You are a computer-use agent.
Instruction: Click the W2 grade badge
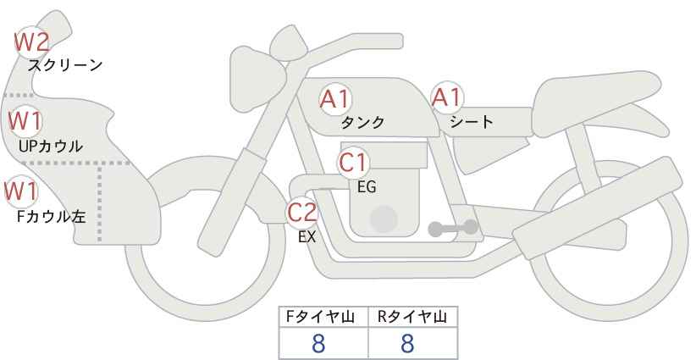coord(31,42)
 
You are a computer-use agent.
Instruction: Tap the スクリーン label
coord(65,66)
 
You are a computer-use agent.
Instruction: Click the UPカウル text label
coord(51,146)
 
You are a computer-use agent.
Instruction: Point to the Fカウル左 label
coord(51,217)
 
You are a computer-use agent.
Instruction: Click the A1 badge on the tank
coord(335,99)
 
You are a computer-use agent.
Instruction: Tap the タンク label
coord(362,122)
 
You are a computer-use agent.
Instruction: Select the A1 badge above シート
coord(447,97)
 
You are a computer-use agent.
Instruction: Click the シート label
coord(472,121)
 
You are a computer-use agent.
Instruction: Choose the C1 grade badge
coord(353,163)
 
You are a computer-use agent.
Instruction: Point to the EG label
coord(367,187)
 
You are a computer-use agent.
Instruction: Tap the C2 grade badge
coord(301,213)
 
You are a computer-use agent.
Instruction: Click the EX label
coord(307,237)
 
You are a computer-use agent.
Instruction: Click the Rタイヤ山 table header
coord(412,317)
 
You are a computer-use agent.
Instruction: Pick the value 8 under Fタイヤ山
coord(318,343)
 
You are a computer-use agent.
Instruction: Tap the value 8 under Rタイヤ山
coord(407,343)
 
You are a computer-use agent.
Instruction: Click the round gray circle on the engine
coord(384,219)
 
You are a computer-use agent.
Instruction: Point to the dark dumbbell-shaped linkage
coord(453,228)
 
